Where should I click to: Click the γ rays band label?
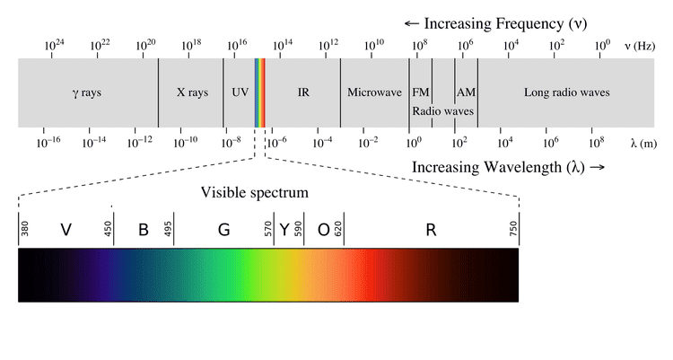[87, 92]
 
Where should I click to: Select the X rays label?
[192, 92]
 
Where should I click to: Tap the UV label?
[240, 92]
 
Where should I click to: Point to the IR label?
[302, 92]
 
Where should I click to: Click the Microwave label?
[373, 92]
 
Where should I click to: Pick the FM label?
[420, 92]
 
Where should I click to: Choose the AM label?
[466, 92]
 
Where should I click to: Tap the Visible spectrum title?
[255, 192]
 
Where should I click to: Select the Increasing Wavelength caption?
[508, 167]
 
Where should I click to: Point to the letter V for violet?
[66, 230]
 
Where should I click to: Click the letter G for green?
[223, 230]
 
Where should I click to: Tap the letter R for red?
[431, 230]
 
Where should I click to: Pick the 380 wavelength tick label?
[25, 231]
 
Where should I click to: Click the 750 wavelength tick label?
[514, 231]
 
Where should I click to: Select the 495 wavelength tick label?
[168, 231]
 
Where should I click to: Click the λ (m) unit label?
[643, 142]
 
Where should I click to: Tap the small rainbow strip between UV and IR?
[260, 92]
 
